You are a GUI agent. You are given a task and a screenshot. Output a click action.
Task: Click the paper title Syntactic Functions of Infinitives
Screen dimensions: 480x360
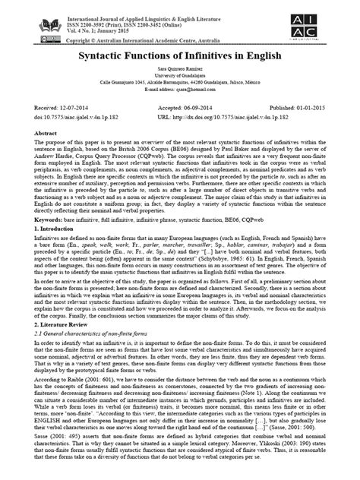[x=180, y=57]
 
